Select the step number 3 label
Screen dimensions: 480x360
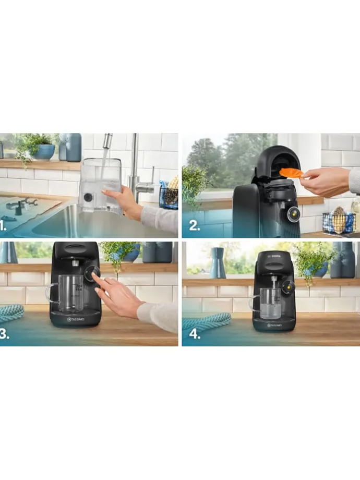tap(5, 335)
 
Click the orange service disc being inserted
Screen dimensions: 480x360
tap(291, 173)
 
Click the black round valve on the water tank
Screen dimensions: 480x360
tap(88, 198)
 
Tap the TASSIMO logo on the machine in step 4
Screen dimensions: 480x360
tap(274, 326)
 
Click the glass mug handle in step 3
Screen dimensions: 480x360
tap(51, 293)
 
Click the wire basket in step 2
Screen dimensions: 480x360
tap(338, 222)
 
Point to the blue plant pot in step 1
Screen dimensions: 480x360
tap(45, 151)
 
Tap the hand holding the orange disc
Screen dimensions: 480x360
tap(326, 181)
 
